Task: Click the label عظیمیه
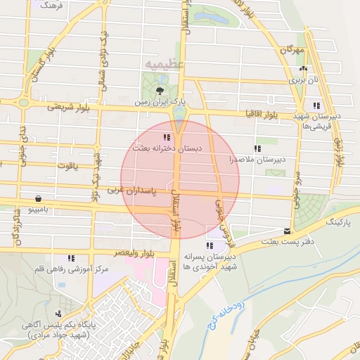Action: coord(164,64)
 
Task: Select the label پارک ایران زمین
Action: coord(161,102)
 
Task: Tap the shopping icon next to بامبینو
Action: coord(37,198)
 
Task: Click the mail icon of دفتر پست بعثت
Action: coord(286,231)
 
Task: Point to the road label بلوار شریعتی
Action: coord(70,108)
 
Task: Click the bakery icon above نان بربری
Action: coord(303,68)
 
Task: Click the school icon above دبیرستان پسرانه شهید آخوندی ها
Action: coord(209,245)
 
